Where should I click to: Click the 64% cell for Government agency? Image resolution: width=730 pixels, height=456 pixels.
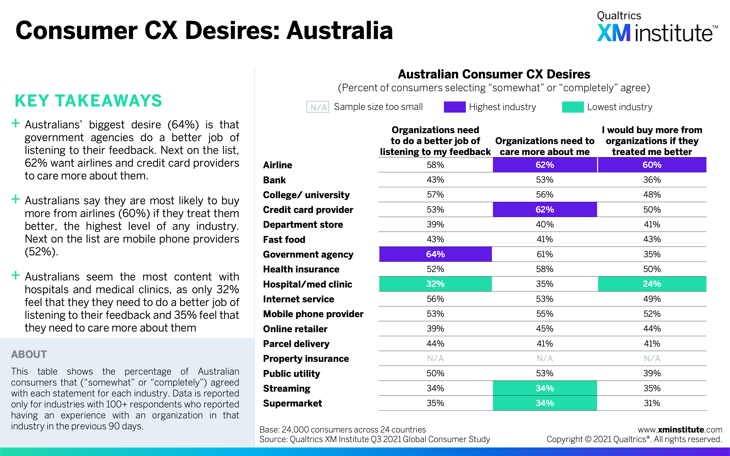click(435, 254)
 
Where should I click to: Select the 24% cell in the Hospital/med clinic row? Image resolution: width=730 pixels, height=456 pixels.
click(652, 284)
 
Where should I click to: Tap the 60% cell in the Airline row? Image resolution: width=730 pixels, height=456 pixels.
click(652, 165)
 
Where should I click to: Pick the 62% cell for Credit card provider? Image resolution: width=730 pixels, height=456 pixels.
click(545, 210)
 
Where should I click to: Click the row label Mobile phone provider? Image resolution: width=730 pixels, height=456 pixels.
click(313, 314)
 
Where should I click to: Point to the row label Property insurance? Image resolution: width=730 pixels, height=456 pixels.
click(306, 359)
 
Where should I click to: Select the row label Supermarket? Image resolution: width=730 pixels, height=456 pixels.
click(292, 403)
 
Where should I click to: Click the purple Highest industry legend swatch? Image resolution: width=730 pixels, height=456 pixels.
click(455, 107)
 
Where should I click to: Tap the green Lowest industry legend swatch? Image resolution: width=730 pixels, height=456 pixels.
click(573, 107)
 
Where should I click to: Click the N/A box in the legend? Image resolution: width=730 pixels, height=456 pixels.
click(318, 107)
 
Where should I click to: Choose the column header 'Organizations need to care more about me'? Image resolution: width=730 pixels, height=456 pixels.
click(545, 146)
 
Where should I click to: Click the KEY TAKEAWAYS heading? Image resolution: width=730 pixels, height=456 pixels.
click(88, 101)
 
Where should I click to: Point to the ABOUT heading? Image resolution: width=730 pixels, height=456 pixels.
click(29, 354)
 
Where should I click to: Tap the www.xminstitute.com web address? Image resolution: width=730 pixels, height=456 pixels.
click(680, 430)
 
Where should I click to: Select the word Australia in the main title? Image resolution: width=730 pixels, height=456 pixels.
click(340, 31)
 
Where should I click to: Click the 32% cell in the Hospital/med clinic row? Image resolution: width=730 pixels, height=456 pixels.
click(435, 284)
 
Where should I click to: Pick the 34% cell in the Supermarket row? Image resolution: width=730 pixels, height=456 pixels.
click(545, 403)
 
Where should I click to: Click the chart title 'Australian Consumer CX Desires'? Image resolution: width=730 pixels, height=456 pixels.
click(494, 74)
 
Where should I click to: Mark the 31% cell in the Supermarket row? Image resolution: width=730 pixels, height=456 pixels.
click(652, 403)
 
